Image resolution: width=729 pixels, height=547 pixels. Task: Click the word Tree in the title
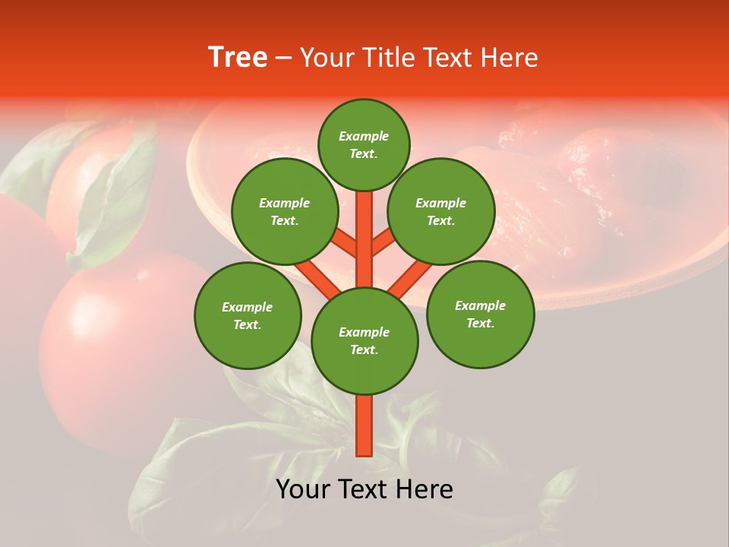pyautogui.click(x=238, y=58)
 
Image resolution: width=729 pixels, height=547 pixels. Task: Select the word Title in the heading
pyautogui.click(x=389, y=58)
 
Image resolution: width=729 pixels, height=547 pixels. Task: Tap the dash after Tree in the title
pyautogui.click(x=283, y=58)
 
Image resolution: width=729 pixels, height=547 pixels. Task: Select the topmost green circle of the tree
pyautogui.click(x=364, y=144)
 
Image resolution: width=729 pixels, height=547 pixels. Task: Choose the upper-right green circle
pyautogui.click(x=441, y=211)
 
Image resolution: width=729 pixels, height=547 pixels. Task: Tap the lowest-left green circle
pyautogui.click(x=248, y=315)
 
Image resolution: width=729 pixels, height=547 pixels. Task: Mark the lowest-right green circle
pyautogui.click(x=480, y=314)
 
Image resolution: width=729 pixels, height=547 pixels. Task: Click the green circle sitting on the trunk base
pyautogui.click(x=364, y=341)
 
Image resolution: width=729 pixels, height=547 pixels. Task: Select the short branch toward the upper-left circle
pyautogui.click(x=343, y=243)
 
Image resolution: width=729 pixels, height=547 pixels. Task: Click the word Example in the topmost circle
pyautogui.click(x=364, y=136)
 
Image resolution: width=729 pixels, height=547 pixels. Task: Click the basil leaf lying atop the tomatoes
pyautogui.click(x=114, y=205)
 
